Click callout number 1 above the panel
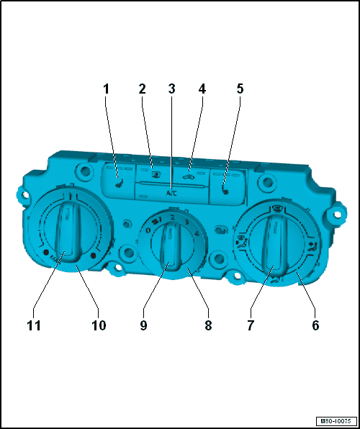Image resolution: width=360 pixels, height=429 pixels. click(x=106, y=89)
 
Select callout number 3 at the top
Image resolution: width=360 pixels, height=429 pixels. click(x=171, y=89)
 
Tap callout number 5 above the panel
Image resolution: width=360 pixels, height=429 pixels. click(x=240, y=89)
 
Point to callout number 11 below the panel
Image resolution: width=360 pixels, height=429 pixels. click(x=34, y=325)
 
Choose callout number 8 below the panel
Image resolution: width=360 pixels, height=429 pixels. click(x=208, y=325)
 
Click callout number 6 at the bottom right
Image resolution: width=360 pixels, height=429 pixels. click(x=315, y=325)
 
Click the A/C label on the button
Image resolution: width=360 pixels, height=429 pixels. click(x=171, y=193)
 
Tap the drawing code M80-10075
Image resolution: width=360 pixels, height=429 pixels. click(x=336, y=421)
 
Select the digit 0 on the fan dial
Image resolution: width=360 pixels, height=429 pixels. click(x=148, y=230)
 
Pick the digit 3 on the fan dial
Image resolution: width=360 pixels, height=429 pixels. click(x=187, y=222)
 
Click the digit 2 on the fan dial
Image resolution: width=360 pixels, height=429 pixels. click(x=172, y=218)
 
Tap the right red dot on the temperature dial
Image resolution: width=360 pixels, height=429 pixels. click(x=94, y=256)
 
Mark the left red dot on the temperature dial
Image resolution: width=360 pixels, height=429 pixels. click(x=45, y=252)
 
